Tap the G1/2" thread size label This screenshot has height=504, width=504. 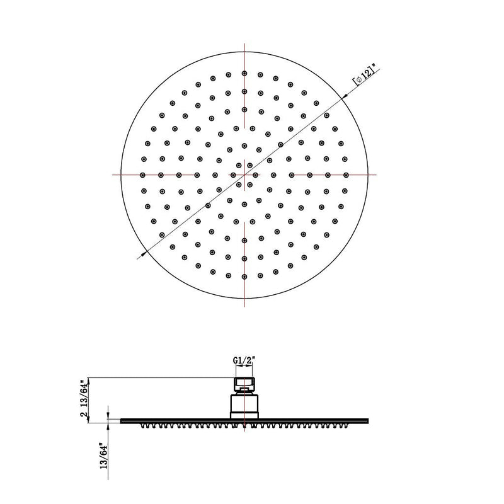244,360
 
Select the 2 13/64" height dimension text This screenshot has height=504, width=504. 83,401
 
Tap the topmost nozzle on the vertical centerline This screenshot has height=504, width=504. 244,73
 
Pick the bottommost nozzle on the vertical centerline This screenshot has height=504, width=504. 244,277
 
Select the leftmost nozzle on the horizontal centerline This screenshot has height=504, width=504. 142,175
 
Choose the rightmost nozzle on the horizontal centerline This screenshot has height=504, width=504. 346,175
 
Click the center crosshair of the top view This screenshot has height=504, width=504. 244,175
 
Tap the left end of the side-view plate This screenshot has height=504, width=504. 122,420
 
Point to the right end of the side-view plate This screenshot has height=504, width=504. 367,420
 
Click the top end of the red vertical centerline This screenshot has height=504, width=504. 244,42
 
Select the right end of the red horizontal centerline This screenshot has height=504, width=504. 376,175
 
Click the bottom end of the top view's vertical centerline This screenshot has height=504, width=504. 244,307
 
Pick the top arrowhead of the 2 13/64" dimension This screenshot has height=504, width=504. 89,378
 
